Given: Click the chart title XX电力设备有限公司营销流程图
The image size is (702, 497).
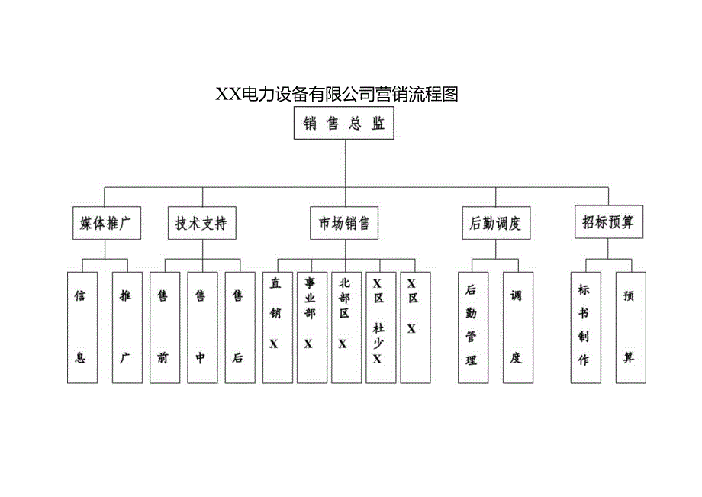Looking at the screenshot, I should (x=337, y=94).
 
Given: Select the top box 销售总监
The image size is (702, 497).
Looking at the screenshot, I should (x=344, y=124).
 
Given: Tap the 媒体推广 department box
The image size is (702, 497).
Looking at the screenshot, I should (x=107, y=223).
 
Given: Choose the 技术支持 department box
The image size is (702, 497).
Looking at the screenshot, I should (x=201, y=223).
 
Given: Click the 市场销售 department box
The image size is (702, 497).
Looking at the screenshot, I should (x=344, y=223).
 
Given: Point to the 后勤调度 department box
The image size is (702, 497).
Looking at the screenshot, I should (x=496, y=223).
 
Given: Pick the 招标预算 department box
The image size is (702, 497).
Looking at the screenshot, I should (x=608, y=222).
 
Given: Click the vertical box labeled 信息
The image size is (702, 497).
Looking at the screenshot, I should (x=81, y=327).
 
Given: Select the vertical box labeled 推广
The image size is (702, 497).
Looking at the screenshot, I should (x=126, y=327).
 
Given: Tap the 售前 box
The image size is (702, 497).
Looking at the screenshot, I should (x=163, y=327).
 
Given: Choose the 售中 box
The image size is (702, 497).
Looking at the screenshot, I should (x=201, y=327).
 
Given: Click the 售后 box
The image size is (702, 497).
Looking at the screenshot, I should (x=238, y=327).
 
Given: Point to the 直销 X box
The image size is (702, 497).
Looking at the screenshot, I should (x=277, y=327).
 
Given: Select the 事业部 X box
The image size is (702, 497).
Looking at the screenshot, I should (x=311, y=327).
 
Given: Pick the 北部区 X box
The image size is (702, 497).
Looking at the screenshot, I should (x=345, y=327).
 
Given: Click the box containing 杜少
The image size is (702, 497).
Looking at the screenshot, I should (x=379, y=327).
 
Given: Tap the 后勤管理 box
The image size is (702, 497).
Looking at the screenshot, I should (x=472, y=327).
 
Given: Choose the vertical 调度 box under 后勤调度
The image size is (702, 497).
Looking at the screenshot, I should (x=517, y=327).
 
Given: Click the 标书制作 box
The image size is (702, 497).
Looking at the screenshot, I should (x=584, y=327).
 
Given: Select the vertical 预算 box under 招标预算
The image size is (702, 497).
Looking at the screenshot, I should (x=630, y=327).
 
